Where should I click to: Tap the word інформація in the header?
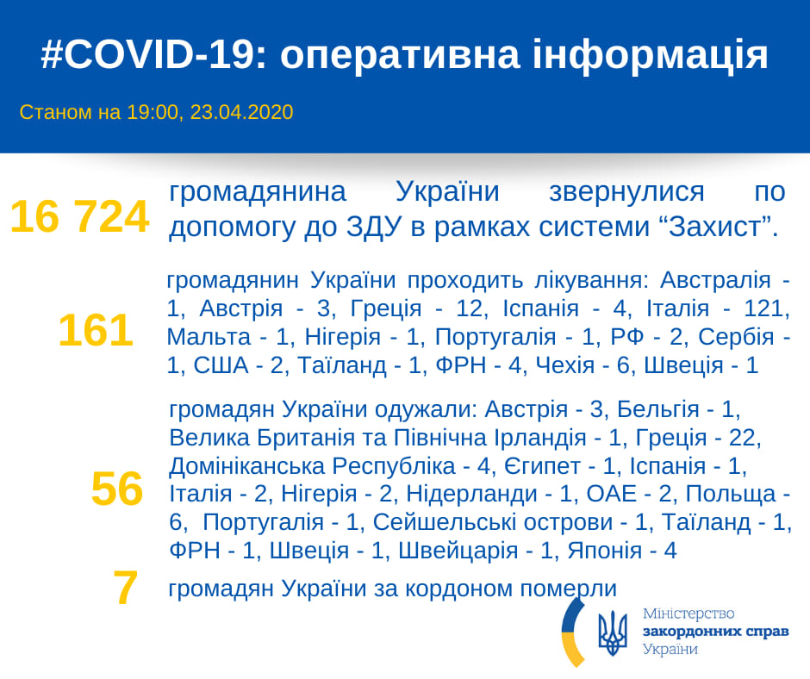click(x=651, y=55)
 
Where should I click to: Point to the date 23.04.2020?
click(x=242, y=112)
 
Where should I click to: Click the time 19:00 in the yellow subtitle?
click(x=153, y=112)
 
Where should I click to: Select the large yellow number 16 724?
click(x=79, y=217)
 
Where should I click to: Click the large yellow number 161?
click(x=96, y=330)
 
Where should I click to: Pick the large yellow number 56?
click(x=116, y=489)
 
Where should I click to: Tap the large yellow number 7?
click(x=126, y=588)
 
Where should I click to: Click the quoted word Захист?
click(x=715, y=227)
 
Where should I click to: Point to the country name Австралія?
click(x=715, y=281)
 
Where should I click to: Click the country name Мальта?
click(x=209, y=338)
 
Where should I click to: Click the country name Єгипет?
click(x=542, y=467)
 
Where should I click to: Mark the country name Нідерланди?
click(x=471, y=495)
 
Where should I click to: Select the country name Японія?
click(x=604, y=551)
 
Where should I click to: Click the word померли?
click(x=568, y=589)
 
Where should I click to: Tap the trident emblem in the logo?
click(x=613, y=633)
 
